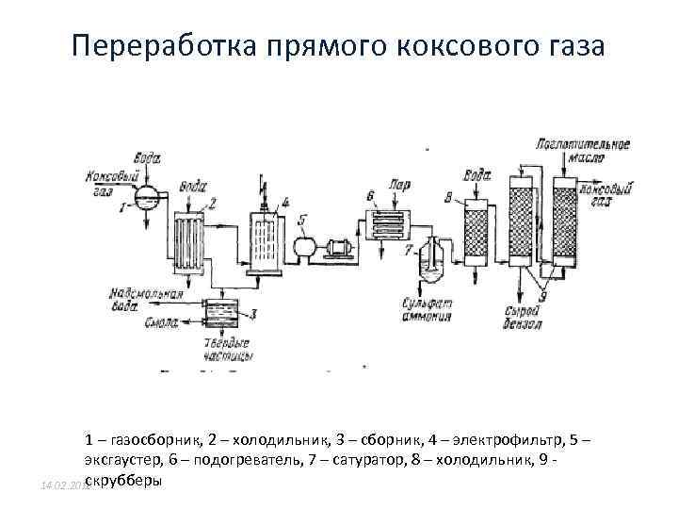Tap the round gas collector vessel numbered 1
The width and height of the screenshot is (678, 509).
point(146,196)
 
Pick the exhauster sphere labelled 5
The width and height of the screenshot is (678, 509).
point(305,247)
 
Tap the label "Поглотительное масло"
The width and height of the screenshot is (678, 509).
point(581,151)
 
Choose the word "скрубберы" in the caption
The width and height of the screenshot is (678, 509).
point(123,481)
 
